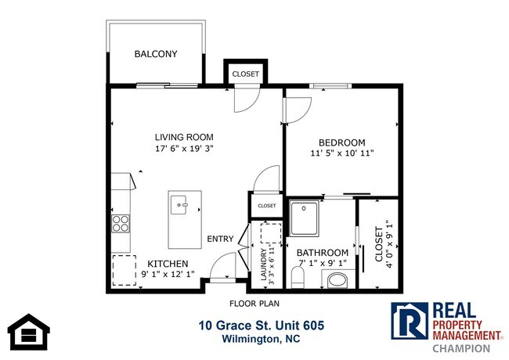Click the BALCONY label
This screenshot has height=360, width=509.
pos(156,54)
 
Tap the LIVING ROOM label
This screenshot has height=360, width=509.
pos(183,137)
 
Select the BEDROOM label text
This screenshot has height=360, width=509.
pos(342,143)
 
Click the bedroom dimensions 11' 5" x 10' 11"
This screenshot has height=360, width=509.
pos(342,154)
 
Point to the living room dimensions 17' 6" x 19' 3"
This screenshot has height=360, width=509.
pos(183,147)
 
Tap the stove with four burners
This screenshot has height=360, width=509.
pos(121,224)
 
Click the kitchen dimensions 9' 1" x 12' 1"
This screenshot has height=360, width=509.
pos(168,275)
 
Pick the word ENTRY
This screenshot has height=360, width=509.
pos(220,239)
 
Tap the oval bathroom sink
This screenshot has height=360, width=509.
pos(338,279)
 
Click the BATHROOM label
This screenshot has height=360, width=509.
pos(322,252)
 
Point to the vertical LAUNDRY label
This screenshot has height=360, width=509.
pos(263,264)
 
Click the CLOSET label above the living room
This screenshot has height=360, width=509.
pos(245,74)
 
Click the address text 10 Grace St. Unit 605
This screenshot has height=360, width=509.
pos(261,326)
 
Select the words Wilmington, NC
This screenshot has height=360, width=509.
pos(261,339)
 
